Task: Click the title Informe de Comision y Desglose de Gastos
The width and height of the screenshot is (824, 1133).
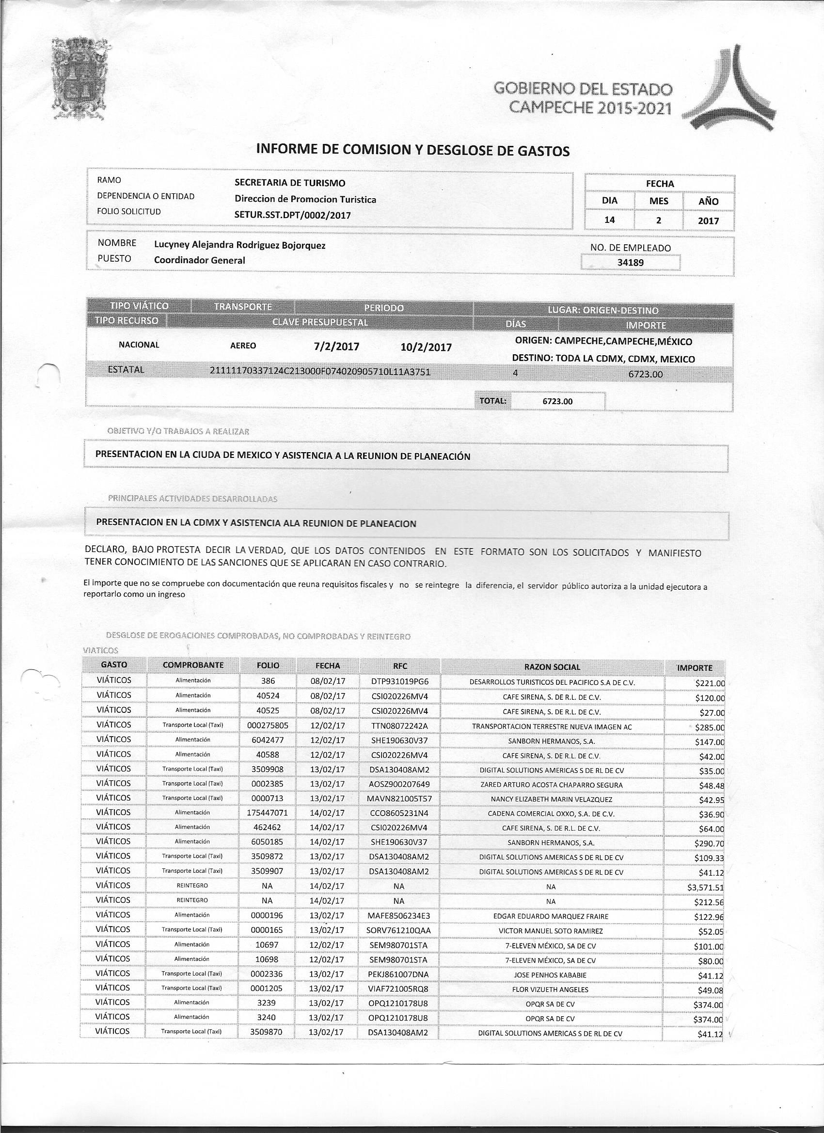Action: point(412,150)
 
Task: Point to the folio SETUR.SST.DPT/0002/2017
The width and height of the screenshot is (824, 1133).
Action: point(293,215)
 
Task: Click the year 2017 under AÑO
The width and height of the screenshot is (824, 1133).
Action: point(709,221)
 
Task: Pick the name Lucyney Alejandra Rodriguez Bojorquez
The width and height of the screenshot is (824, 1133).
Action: point(240,245)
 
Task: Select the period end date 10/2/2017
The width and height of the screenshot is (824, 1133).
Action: point(426,347)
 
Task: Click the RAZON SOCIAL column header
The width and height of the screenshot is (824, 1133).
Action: point(552,667)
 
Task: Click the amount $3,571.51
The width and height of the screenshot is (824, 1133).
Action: point(705,888)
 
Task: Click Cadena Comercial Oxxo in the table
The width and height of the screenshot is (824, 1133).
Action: point(551,814)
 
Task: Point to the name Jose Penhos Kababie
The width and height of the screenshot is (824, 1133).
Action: point(551,975)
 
